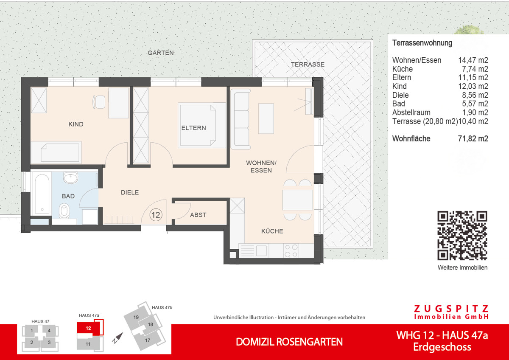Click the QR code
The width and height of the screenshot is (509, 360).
pyautogui.click(x=462, y=236)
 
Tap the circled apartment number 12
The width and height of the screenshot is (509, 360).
pyautogui.click(x=156, y=215)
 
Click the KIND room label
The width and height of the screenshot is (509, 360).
pyautogui.click(x=76, y=124)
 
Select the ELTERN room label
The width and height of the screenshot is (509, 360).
pyautogui.click(x=193, y=128)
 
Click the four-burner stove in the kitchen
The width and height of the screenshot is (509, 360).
pyautogui.click(x=291, y=250)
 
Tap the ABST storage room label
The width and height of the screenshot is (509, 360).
pyautogui.click(x=198, y=215)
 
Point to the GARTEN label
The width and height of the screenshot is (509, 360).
pyautogui.click(x=161, y=53)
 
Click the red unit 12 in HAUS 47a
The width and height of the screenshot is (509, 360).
pyautogui.click(x=88, y=328)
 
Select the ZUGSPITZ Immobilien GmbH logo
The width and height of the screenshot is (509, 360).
pyautogui.click(x=451, y=312)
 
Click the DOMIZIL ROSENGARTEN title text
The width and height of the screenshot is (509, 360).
pyautogui.click(x=289, y=342)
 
